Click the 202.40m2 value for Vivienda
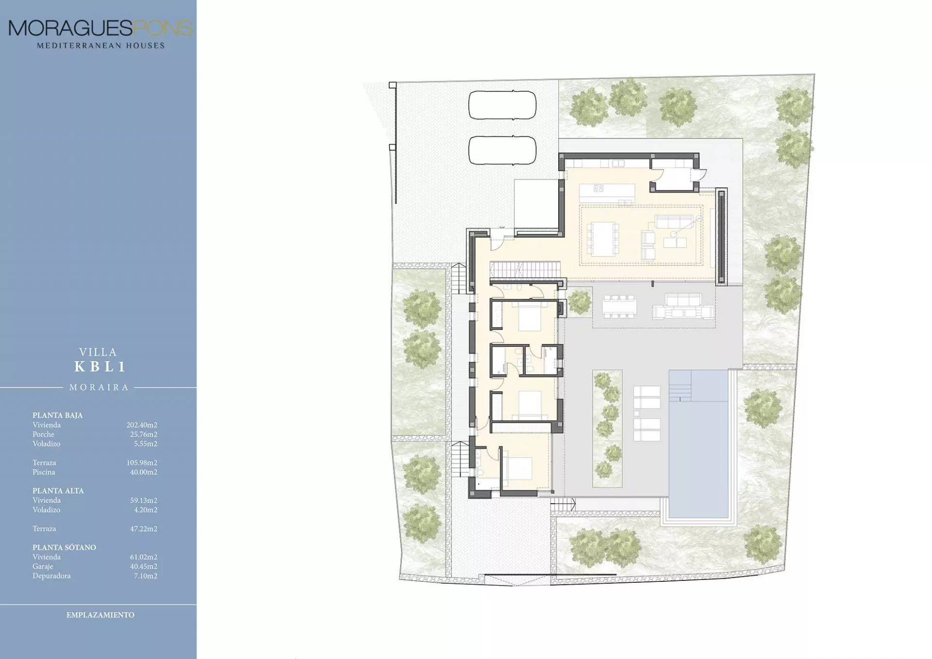142,425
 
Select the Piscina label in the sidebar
44,472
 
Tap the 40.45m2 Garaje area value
143,566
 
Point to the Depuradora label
51,576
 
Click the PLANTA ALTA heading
58,491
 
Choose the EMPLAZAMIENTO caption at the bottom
100,615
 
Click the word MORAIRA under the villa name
99,387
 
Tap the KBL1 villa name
100,367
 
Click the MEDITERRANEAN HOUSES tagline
101,46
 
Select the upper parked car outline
502,105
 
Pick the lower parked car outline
502,150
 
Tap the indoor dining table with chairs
602,239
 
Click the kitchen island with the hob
607,193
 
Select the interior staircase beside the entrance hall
524,270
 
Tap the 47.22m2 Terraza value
143,529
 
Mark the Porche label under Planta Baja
43,434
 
